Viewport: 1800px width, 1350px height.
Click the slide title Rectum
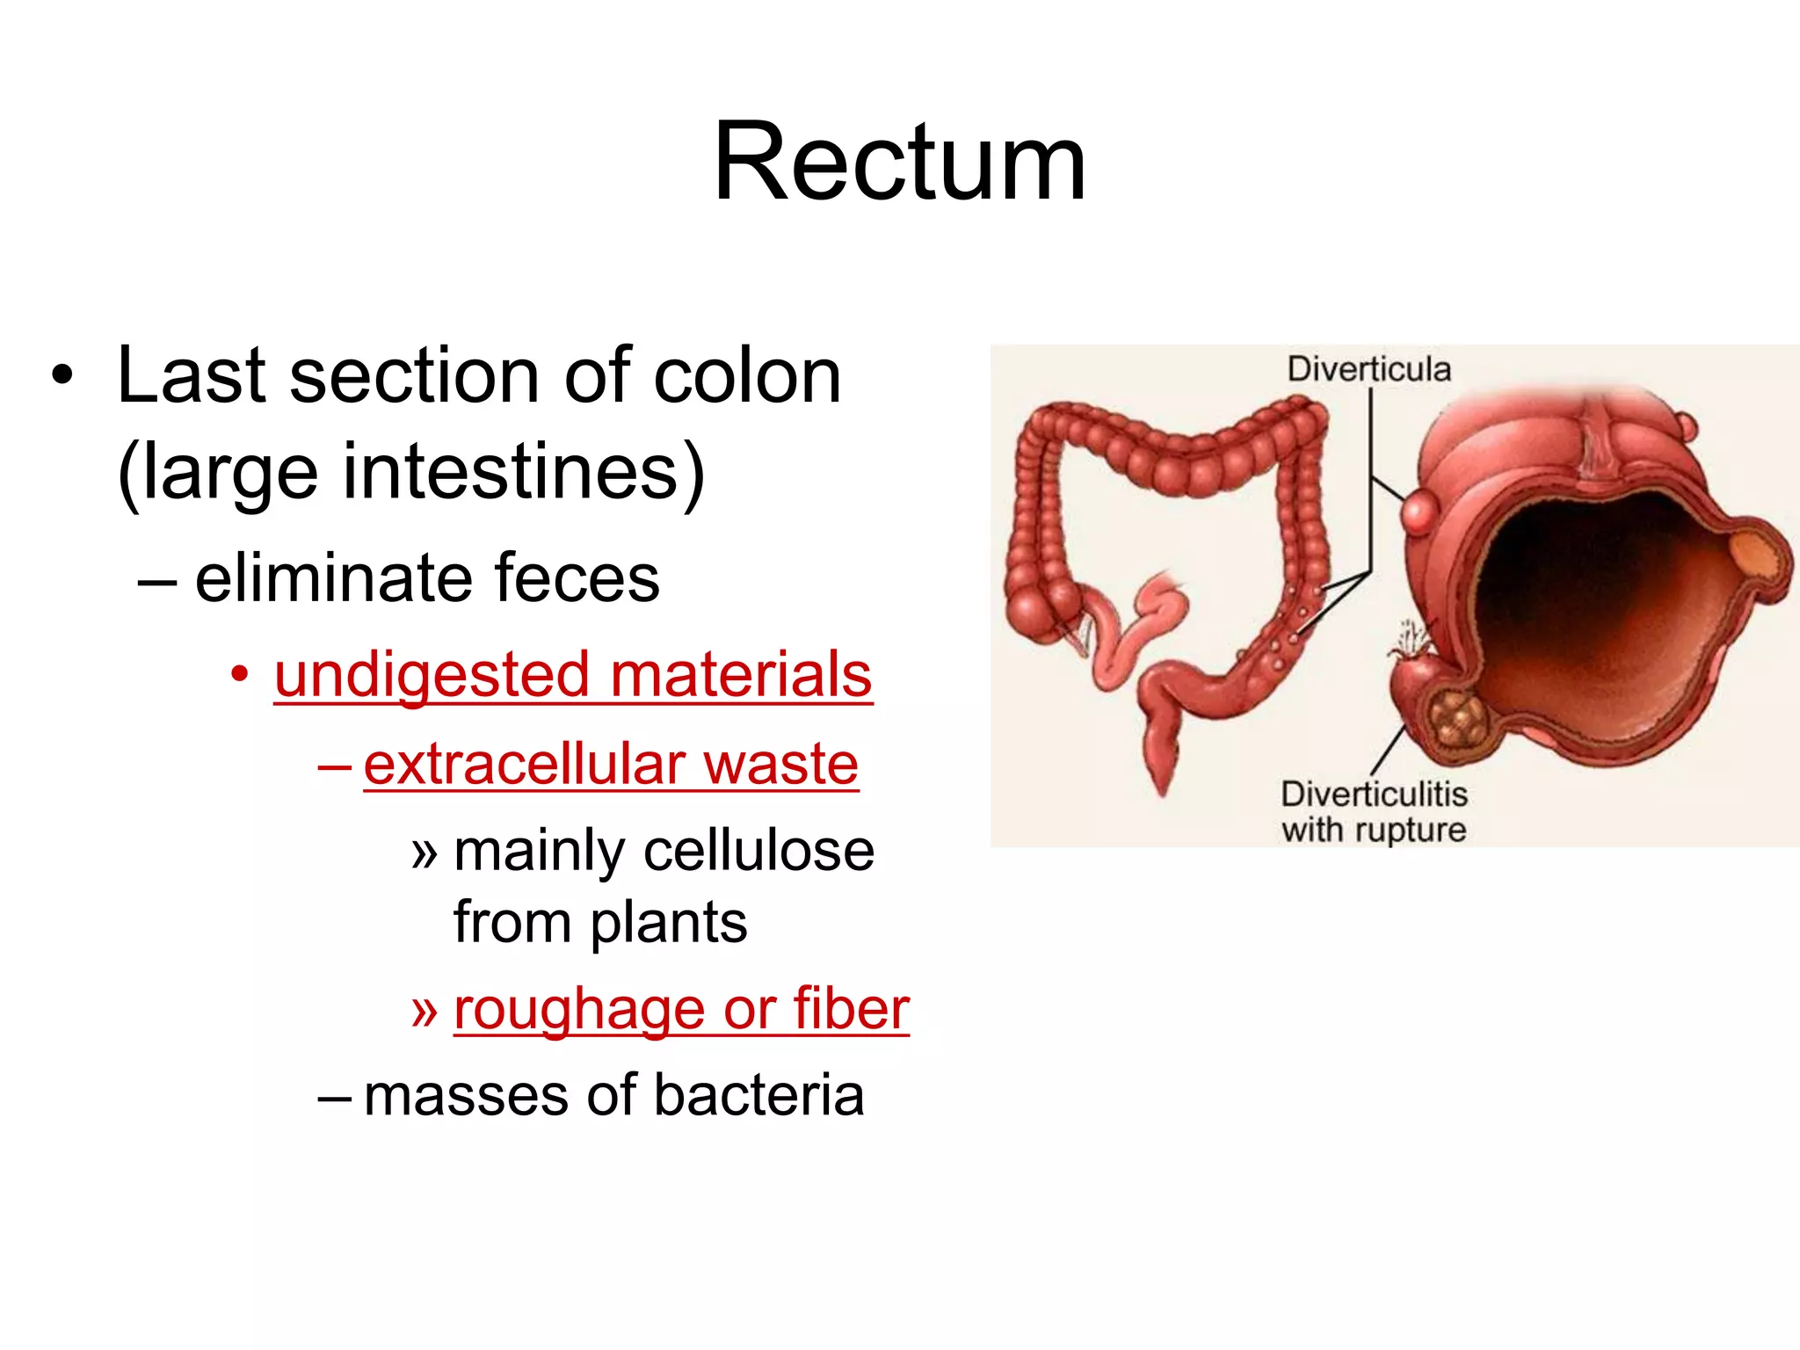[899, 163]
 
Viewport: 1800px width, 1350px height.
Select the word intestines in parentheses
[510, 473]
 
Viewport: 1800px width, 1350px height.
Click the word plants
[668, 923]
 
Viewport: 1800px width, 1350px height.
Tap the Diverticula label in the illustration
[1368, 369]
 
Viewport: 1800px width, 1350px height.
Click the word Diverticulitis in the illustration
[1374, 794]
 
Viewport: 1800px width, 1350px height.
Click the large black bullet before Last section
[62, 377]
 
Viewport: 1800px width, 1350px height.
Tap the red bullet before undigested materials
[239, 675]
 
